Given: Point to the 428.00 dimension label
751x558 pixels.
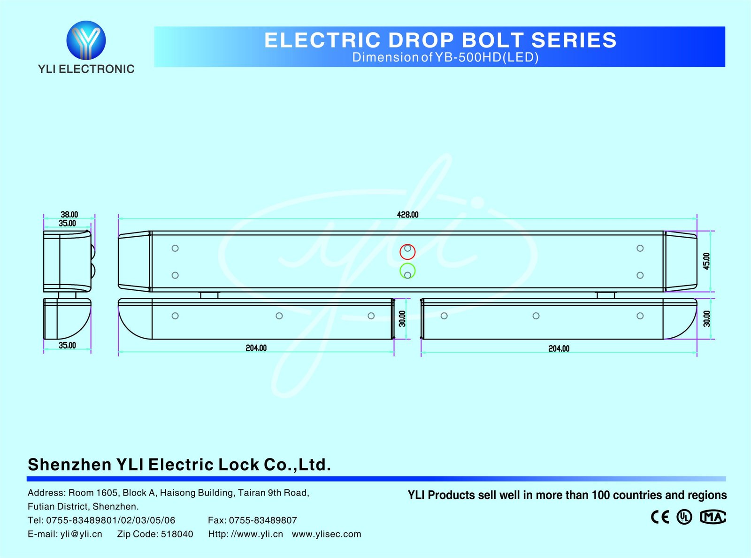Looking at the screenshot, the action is (407, 215).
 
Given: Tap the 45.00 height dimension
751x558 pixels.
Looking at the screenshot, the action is (706, 261).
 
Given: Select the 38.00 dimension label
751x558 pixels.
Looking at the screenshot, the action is (69, 215).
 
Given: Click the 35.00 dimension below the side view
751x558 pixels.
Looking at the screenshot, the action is (67, 345).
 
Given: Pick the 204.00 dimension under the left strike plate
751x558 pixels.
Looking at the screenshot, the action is (256, 348).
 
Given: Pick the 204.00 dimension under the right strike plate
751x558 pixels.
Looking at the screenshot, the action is (559, 349).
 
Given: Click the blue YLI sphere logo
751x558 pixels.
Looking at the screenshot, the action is (86, 40).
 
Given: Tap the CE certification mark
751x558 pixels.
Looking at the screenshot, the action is (660, 517).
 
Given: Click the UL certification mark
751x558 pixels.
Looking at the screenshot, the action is (684, 517).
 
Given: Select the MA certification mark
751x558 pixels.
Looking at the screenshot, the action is (713, 517).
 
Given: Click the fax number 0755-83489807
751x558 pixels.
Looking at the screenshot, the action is (263, 520).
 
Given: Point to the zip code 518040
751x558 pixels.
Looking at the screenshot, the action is (177, 534).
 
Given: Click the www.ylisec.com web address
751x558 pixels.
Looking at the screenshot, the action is (326, 534).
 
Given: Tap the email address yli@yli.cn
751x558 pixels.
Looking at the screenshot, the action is (81, 534).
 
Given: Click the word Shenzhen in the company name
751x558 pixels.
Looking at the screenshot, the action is (69, 465).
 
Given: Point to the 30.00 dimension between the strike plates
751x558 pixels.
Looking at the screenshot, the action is (402, 318).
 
